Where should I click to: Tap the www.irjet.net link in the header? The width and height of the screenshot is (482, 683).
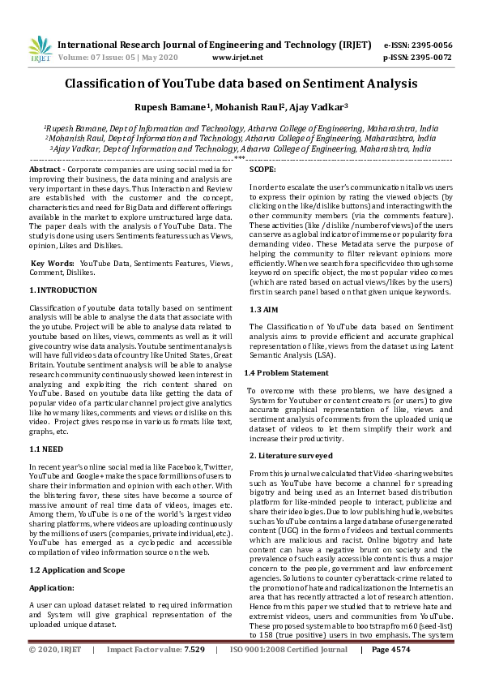pyautogui.click(x=237, y=58)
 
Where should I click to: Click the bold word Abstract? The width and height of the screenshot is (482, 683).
pyautogui.click(x=45, y=168)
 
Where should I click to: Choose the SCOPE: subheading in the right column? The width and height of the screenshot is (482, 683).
pyautogui.click(x=262, y=169)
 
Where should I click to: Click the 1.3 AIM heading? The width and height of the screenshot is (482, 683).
pyautogui.click(x=267, y=310)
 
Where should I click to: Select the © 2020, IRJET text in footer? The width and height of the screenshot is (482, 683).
pyautogui.click(x=56, y=672)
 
